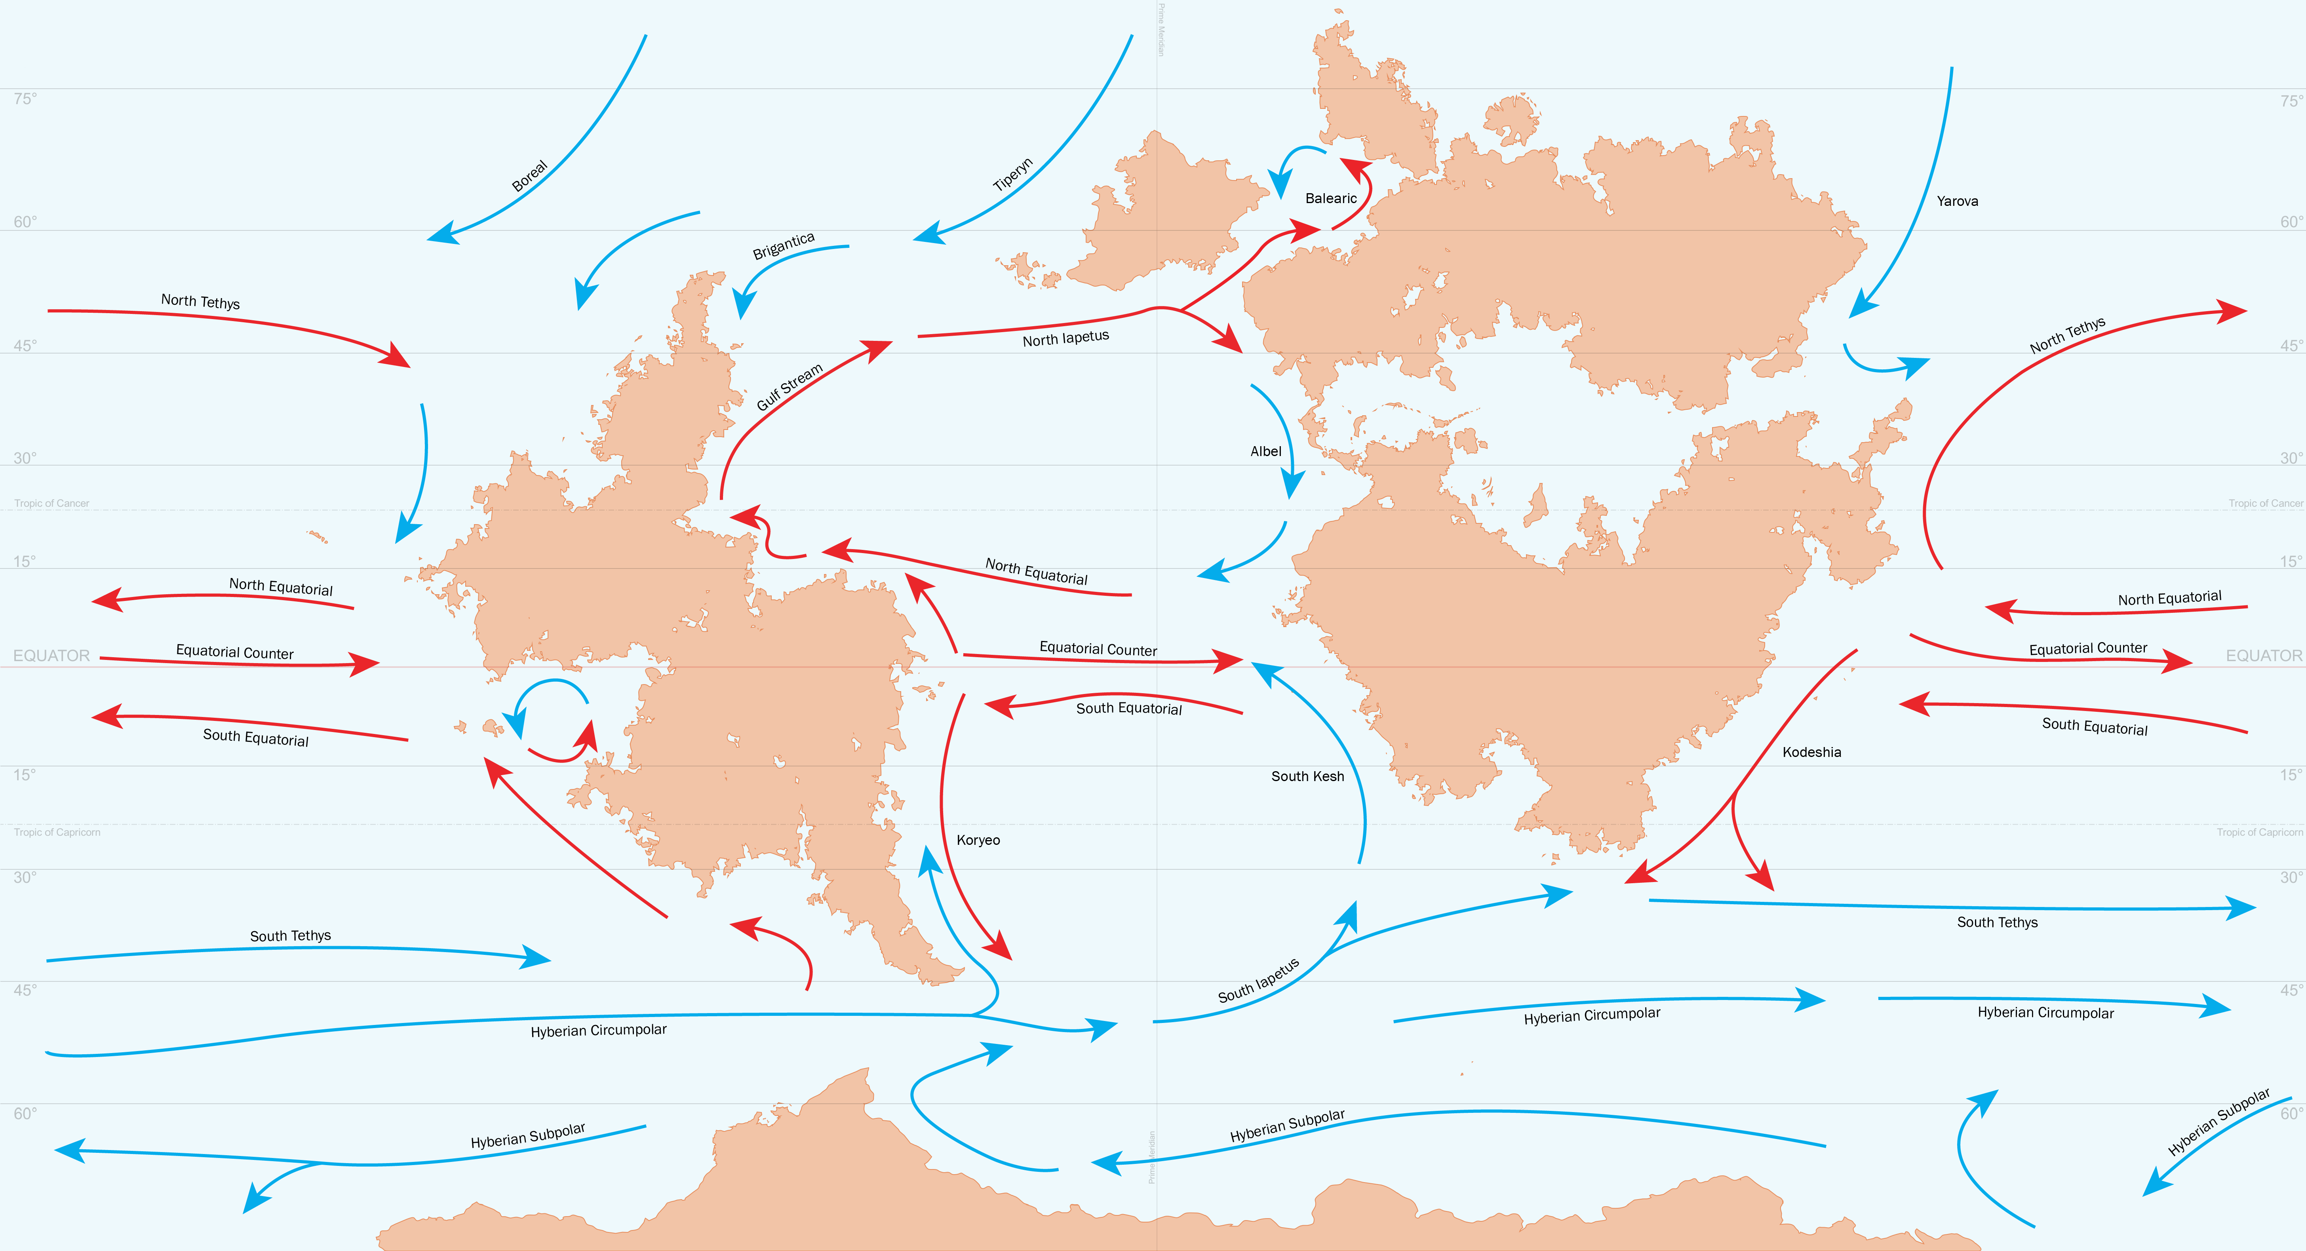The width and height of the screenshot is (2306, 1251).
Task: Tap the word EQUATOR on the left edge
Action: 51,656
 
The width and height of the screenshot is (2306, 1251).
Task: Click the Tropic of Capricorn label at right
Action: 2259,832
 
